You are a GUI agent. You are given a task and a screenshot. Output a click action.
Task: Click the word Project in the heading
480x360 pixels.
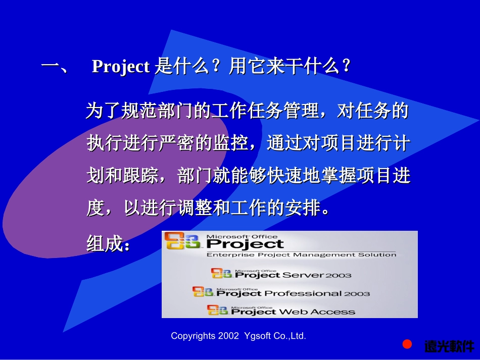click(120, 67)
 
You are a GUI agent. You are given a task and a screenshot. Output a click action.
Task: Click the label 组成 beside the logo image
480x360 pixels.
click(105, 244)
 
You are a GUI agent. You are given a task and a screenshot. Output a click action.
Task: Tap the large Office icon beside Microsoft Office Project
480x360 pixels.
click(184, 243)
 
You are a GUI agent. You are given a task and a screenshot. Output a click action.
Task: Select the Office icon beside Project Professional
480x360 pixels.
click(203, 292)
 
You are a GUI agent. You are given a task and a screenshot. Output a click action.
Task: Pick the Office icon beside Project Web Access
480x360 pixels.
click(218, 311)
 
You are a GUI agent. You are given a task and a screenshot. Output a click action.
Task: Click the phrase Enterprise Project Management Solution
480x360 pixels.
click(301, 255)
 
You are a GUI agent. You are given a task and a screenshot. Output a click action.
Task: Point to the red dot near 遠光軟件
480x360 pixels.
click(407, 344)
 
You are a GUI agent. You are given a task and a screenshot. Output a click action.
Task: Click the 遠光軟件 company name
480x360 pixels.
click(448, 346)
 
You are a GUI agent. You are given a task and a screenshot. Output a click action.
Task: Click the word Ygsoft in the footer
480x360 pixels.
click(257, 336)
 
